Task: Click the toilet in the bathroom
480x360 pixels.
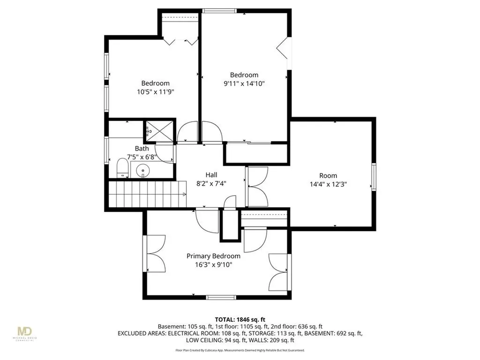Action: pos(122,168)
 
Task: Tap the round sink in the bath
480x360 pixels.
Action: pos(143,172)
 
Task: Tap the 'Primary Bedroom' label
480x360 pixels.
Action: pos(213,256)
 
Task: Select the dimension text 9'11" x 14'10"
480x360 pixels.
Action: pos(244,84)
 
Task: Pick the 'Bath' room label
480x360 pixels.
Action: pos(142,149)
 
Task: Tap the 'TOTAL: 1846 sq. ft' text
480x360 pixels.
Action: pos(240,319)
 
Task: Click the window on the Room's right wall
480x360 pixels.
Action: pos(374,177)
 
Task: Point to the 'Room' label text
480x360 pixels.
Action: pos(328,176)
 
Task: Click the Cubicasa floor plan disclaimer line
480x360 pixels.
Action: pos(240,350)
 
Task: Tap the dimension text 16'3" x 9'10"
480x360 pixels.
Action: pos(213,264)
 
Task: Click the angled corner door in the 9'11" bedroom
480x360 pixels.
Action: pos(284,48)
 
